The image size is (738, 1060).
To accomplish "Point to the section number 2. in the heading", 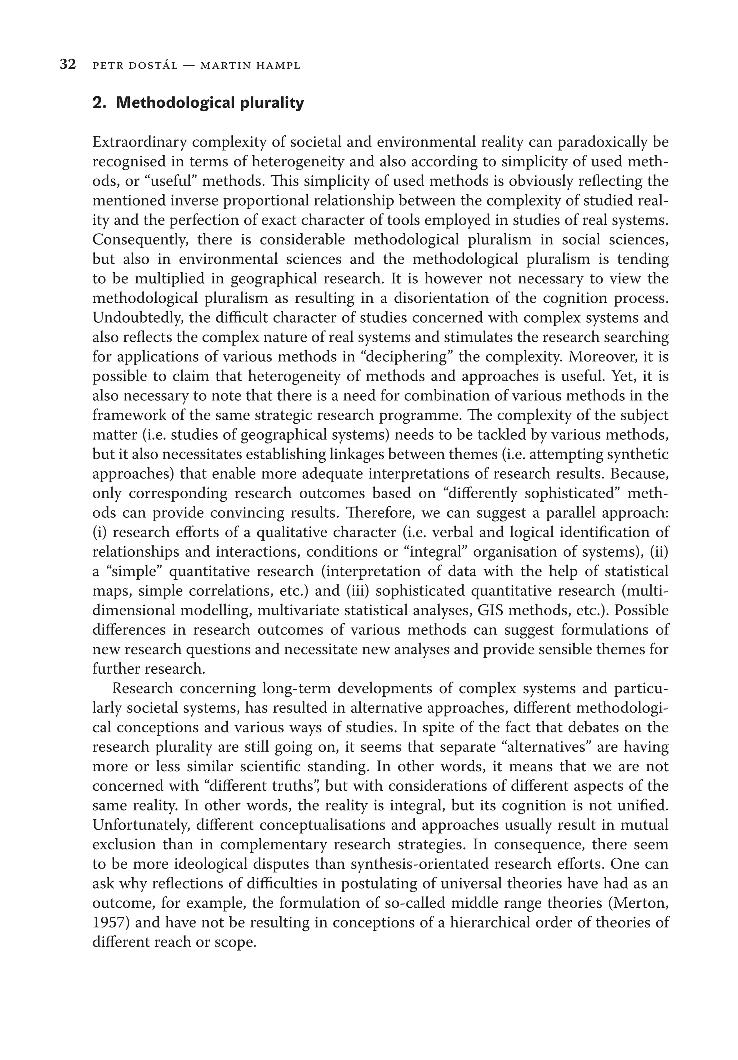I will click(x=100, y=103).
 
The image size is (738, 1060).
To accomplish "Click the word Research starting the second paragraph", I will click(x=142, y=689).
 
